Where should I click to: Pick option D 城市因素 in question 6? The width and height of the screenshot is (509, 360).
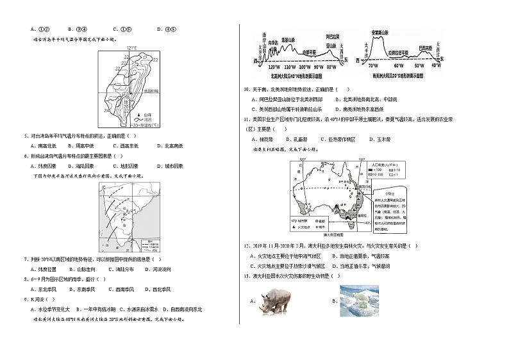[x=168, y=166]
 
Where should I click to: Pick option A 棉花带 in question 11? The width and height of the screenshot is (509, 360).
[x=262, y=138]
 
